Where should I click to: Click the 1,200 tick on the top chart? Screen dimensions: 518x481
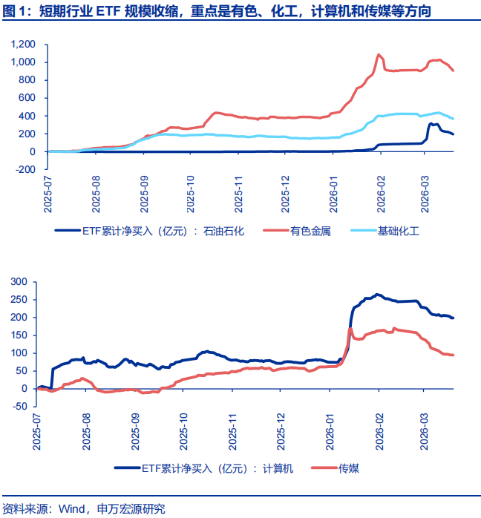coord(23,44)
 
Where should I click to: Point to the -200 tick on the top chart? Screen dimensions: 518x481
coord(24,169)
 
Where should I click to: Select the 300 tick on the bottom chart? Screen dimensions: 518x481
coord(18,282)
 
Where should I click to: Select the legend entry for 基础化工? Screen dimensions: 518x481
coord(398,231)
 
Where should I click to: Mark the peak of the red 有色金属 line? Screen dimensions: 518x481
coord(379,54)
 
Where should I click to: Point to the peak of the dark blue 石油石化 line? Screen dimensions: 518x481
coord(431,124)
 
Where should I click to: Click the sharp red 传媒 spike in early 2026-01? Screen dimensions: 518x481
coord(350,329)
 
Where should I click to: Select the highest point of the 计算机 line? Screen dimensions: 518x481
coord(378,295)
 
